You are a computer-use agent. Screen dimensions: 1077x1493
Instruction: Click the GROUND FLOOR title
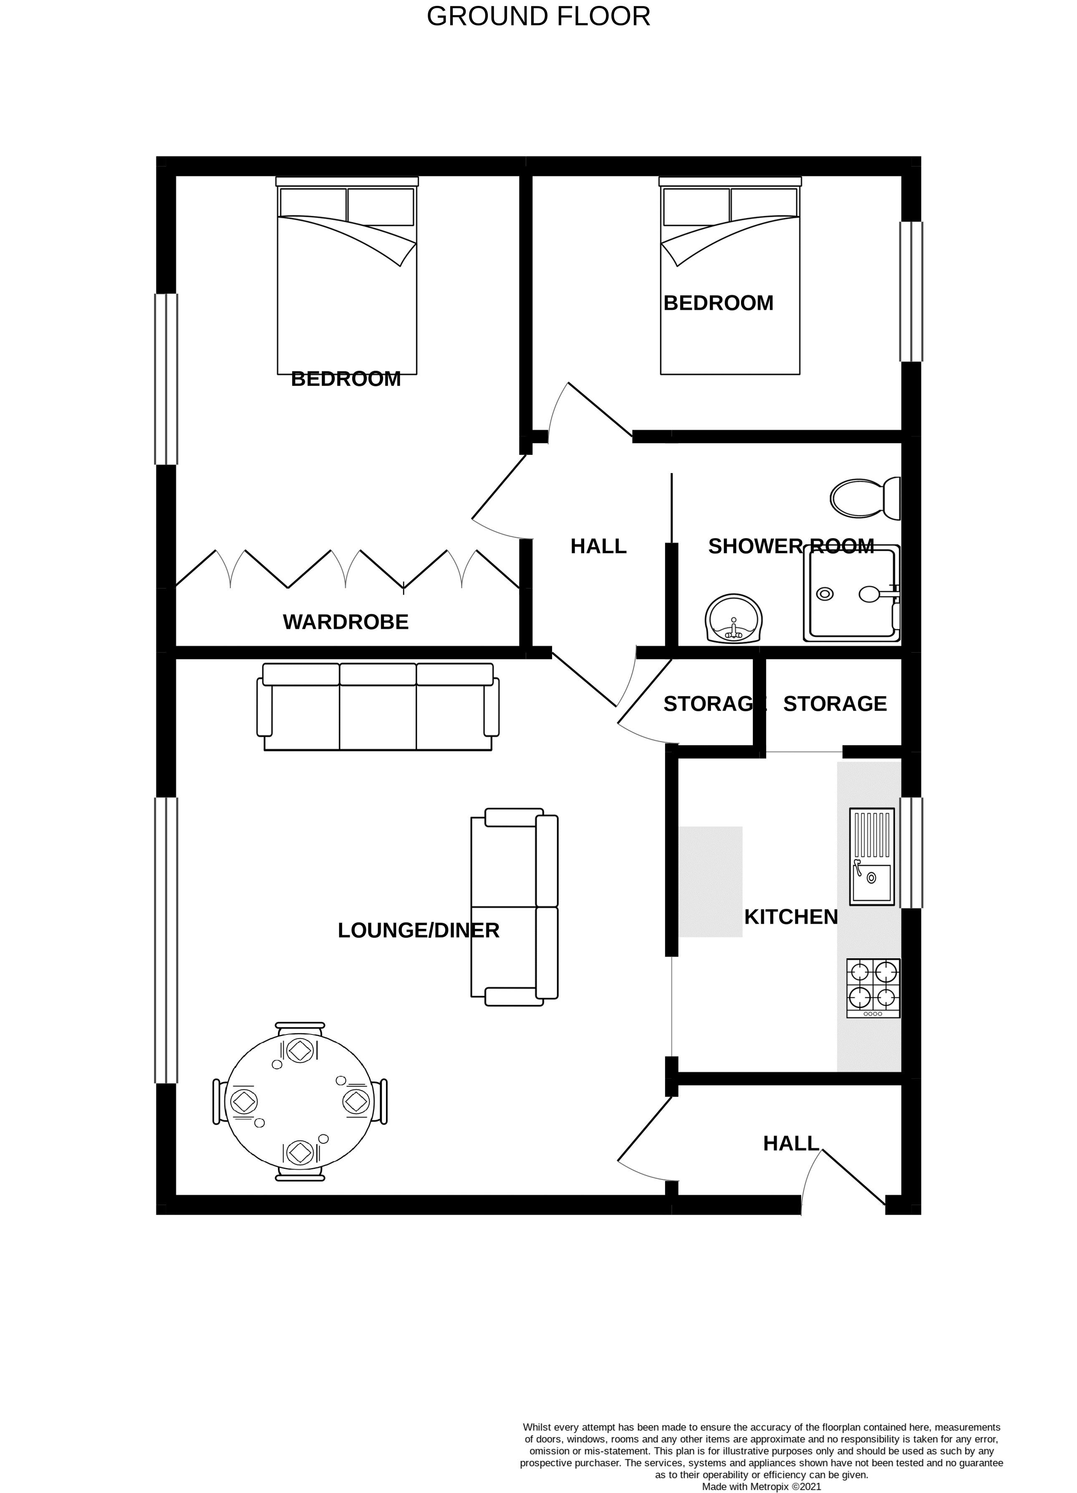[538, 16]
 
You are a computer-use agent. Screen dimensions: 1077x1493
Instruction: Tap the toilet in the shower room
[865, 498]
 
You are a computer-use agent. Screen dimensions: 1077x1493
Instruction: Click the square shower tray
[851, 593]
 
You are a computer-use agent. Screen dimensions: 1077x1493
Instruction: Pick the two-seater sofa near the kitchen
[514, 907]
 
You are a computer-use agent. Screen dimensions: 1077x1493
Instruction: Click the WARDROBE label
[346, 622]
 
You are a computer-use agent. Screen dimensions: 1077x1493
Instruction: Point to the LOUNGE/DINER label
[419, 930]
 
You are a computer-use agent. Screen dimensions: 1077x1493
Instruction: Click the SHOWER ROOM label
[791, 546]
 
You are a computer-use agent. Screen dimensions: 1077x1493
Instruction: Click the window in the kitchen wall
[911, 853]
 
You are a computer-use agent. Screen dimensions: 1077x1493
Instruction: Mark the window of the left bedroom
[166, 379]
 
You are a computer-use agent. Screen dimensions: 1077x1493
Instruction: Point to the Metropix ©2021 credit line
[762, 1486]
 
